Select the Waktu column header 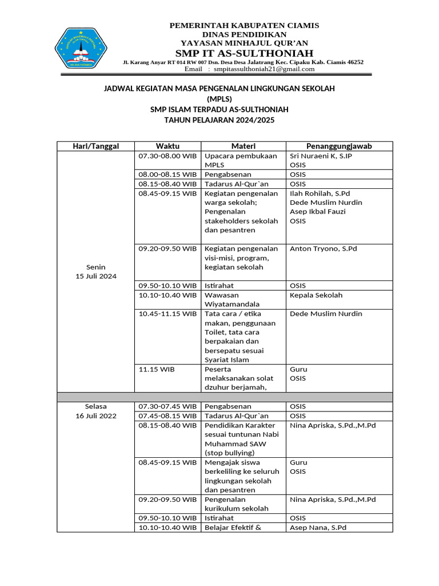coord(167,146)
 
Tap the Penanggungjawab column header coord(339,146)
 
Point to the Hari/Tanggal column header coord(95,146)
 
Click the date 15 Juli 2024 coord(96,276)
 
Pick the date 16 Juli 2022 coord(96,416)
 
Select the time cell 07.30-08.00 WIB coord(167,156)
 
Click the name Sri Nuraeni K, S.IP coord(321,156)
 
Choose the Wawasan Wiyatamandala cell coord(232,299)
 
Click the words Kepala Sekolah coord(316,295)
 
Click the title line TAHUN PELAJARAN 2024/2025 coord(219,120)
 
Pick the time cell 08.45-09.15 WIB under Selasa coord(167,462)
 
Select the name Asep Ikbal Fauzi coord(317,212)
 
